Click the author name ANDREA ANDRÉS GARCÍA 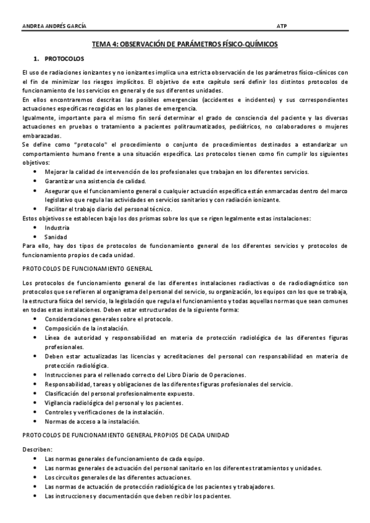click(x=54, y=26)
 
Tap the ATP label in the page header click(x=282, y=26)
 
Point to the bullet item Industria click(x=57, y=228)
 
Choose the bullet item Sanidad click(x=55, y=237)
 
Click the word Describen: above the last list click(x=37, y=450)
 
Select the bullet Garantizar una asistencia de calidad click(x=95, y=181)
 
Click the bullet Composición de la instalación click(x=86, y=329)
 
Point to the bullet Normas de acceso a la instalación click(x=92, y=421)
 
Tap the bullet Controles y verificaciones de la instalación click(x=104, y=412)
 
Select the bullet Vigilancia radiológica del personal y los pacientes click(x=115, y=403)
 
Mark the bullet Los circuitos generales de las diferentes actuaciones click(x=118, y=477)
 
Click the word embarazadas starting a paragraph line click(x=41, y=135)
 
